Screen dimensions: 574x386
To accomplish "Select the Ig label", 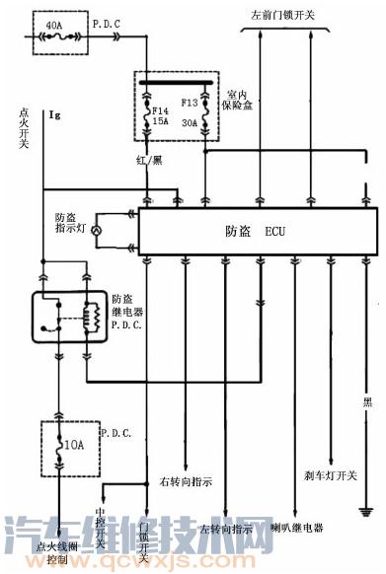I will coord(55,116).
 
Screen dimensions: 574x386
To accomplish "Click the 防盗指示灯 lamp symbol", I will coord(97,231).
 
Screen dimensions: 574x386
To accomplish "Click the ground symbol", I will coord(365,510).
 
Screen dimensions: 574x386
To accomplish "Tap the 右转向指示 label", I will coord(186,482).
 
